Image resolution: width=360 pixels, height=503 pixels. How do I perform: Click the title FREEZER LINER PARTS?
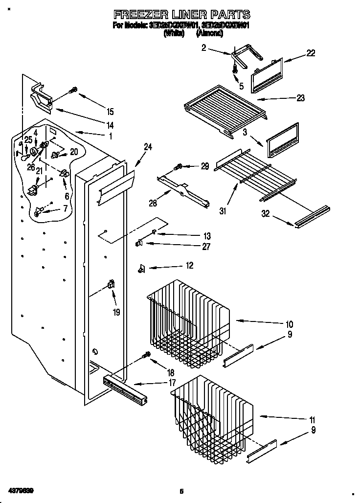tap(181, 14)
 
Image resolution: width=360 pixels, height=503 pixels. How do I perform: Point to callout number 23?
tap(300, 98)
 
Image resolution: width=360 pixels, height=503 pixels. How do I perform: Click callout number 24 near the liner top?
tap(148, 146)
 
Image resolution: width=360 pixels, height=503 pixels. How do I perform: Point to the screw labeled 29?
tap(180, 167)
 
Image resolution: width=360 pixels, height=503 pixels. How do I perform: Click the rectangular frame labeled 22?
tap(267, 75)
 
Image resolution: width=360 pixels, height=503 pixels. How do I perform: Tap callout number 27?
tap(206, 247)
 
